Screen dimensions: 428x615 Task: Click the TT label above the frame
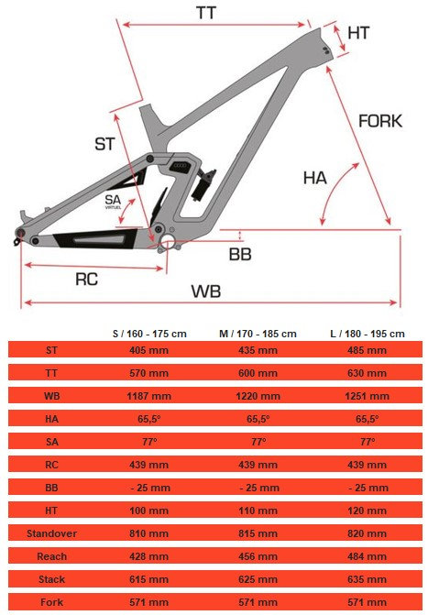206,13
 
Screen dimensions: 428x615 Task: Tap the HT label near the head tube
358,33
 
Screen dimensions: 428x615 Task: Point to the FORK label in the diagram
380,121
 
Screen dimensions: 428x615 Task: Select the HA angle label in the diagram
315,178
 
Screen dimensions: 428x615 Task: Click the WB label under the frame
206,291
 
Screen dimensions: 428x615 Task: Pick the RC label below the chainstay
87,280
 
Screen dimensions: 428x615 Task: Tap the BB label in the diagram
240,255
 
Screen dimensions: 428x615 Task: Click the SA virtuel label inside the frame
113,202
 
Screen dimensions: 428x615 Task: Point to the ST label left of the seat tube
104,144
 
